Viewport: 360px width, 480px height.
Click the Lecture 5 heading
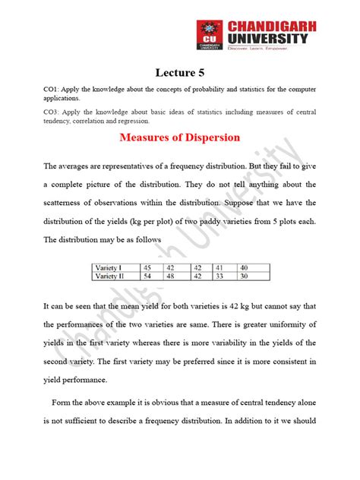(x=180, y=73)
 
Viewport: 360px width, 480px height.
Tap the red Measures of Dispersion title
(x=180, y=137)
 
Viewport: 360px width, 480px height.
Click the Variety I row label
(x=112, y=268)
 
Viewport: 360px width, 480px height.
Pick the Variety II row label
(x=113, y=276)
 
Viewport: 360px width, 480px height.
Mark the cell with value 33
(x=220, y=276)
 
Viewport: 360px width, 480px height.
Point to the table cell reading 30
(x=244, y=276)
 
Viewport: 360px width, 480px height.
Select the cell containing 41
(x=220, y=268)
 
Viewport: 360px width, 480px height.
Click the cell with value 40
(x=244, y=268)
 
